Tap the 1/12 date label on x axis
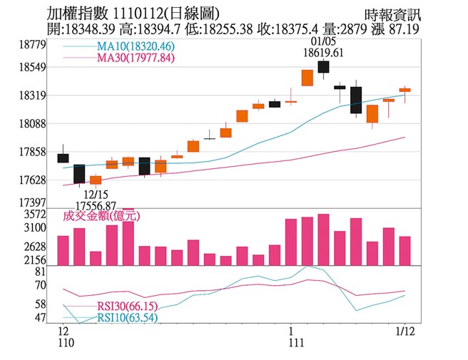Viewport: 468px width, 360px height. pyautogui.click(x=405, y=331)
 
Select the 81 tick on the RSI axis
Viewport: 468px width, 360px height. pyautogui.click(x=40, y=272)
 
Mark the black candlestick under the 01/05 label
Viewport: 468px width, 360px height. pyautogui.click(x=323, y=66)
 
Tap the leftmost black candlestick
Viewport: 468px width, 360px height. pyautogui.click(x=63, y=158)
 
